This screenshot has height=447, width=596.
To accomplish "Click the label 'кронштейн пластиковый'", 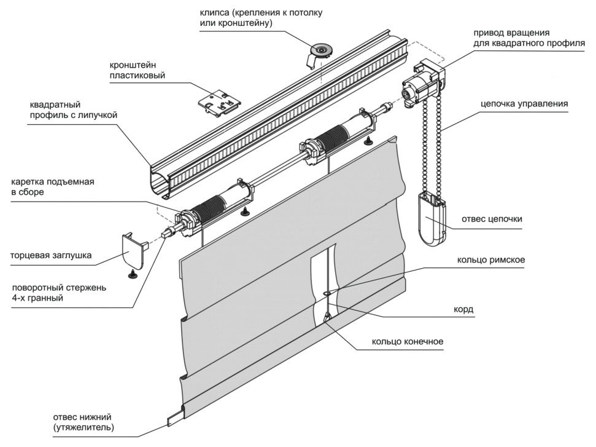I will (138, 71).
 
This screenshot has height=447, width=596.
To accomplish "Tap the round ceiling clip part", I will (320, 50).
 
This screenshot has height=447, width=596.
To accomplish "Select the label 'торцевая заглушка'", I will (51, 256).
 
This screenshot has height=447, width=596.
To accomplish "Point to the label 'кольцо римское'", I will (490, 260).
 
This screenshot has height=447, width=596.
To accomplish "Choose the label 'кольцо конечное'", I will (407, 342).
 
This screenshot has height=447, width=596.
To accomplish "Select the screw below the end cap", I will (131, 274).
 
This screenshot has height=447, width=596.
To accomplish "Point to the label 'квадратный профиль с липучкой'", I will (72, 109).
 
